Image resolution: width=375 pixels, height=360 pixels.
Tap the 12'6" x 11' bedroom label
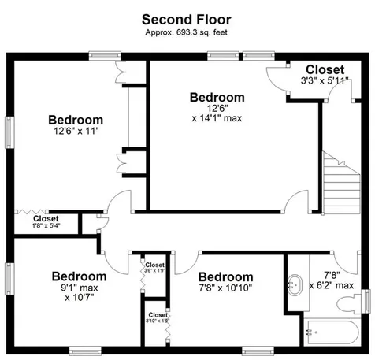click(x=76, y=126)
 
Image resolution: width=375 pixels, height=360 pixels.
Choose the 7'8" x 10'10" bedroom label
click(x=225, y=284)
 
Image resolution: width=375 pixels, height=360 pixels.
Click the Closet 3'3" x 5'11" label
click(x=325, y=75)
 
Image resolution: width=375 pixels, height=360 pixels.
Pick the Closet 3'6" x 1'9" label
click(x=154, y=268)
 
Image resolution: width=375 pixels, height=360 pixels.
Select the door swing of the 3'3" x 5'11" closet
click(x=278, y=80)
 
